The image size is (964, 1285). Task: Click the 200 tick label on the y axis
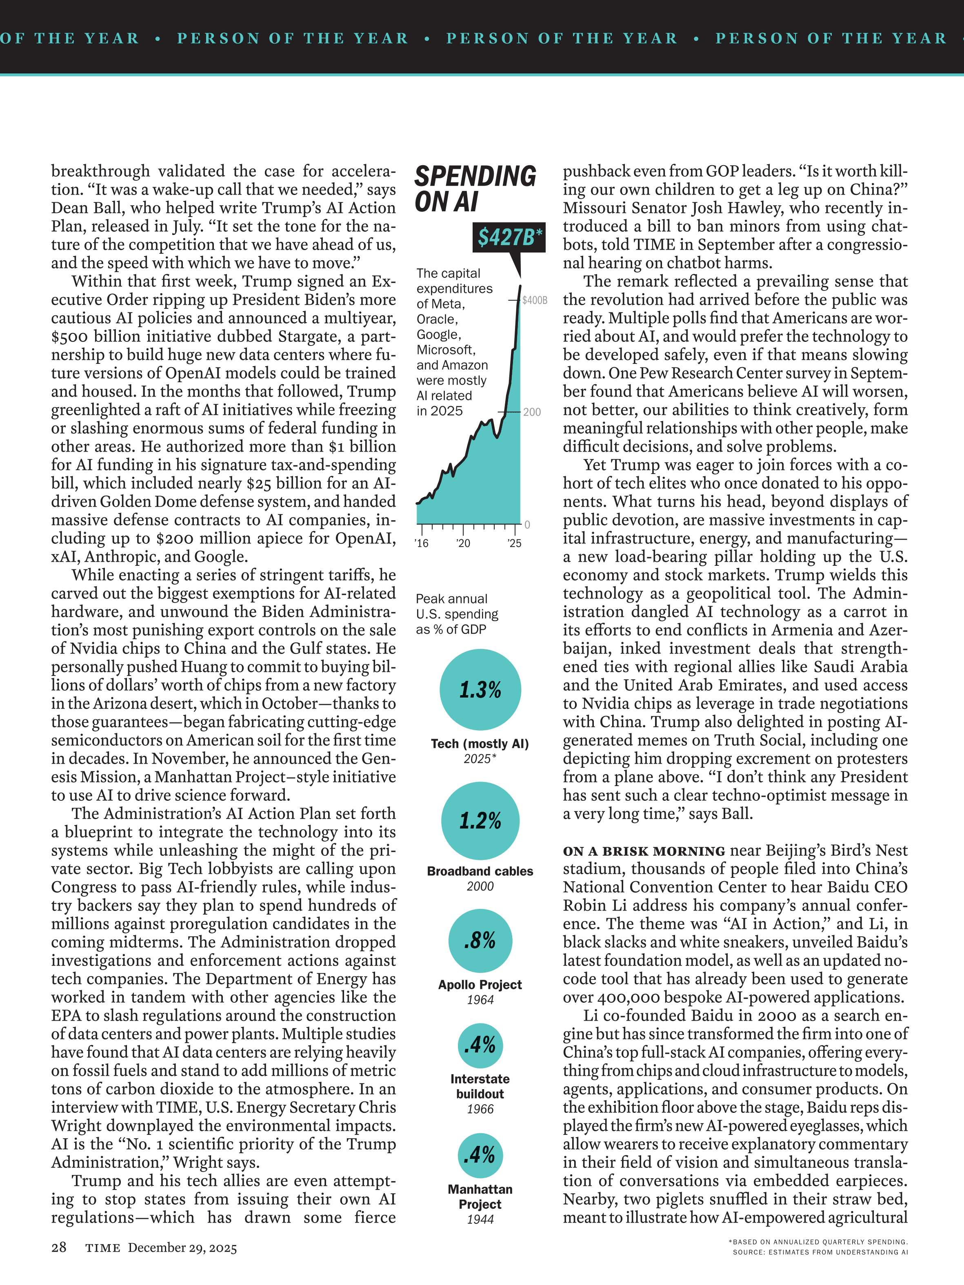(x=532, y=412)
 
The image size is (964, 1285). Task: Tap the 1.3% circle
(x=480, y=690)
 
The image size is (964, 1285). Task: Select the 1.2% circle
(x=480, y=821)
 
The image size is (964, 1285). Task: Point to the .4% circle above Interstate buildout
(x=480, y=1046)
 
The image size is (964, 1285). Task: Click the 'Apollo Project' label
(x=480, y=985)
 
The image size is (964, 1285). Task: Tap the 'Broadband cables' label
(x=480, y=871)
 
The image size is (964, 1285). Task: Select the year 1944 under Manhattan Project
(x=480, y=1219)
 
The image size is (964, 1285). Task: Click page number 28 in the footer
(x=59, y=1247)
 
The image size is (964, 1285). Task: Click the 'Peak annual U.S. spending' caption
(x=457, y=614)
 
